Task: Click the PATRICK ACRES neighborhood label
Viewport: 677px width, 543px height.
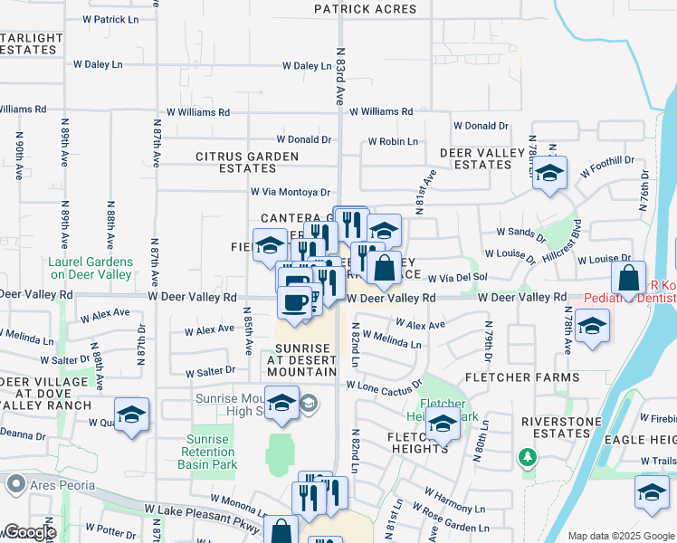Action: coord(365,10)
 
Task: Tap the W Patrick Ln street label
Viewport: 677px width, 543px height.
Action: coord(111,19)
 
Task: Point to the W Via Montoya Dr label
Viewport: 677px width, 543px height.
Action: coord(290,192)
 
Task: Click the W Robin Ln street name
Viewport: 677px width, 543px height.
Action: coord(392,142)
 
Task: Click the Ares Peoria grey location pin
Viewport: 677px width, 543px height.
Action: coord(14,484)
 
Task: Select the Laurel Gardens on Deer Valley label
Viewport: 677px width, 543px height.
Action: coord(91,268)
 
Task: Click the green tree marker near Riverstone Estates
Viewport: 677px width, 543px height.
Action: coord(527,458)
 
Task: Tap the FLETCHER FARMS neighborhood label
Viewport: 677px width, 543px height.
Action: coord(522,377)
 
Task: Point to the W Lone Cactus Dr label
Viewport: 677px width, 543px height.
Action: coord(384,386)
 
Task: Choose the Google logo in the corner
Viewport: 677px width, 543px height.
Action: coord(29,531)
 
